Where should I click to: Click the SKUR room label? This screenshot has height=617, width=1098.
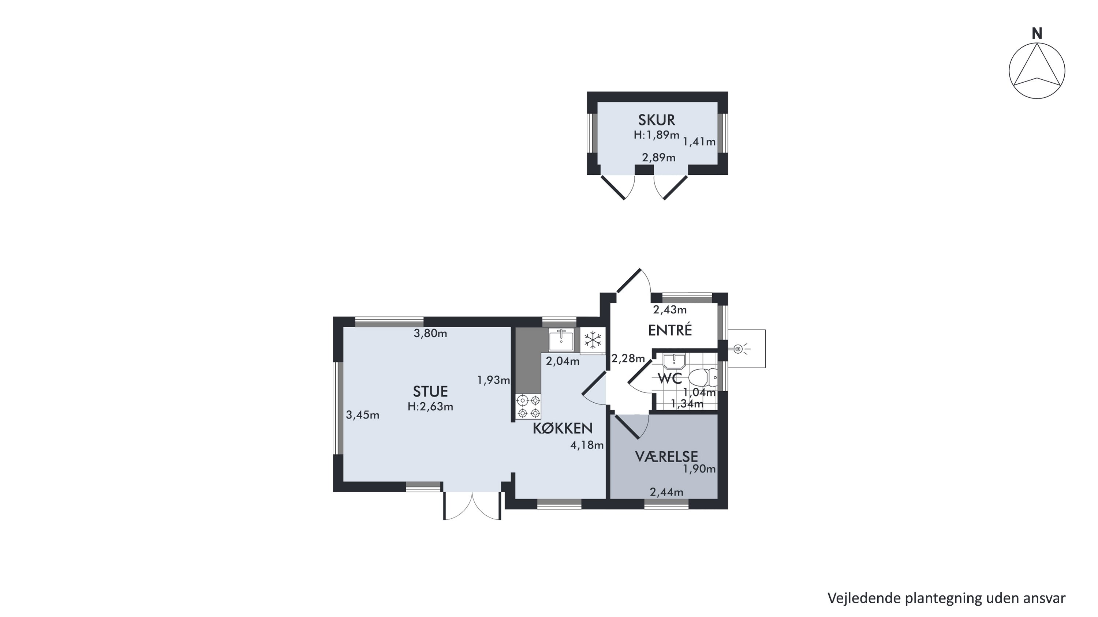[x=656, y=120]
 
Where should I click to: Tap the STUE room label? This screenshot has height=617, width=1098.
[x=430, y=391]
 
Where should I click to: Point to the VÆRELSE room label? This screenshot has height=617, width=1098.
[x=666, y=457]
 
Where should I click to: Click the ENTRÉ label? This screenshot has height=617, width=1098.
[x=670, y=330]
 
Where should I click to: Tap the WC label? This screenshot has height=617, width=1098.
[x=670, y=378]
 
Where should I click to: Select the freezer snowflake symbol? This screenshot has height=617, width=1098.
[x=593, y=340]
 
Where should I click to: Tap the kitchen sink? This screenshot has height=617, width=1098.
[x=561, y=340]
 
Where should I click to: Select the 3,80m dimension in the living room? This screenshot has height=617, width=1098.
[x=430, y=334]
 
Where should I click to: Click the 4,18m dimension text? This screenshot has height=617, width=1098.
[x=587, y=445]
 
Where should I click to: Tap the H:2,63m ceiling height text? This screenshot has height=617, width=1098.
[x=430, y=407]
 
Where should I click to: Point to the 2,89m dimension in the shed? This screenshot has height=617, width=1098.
[x=659, y=158]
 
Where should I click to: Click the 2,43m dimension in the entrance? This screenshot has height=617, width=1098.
[x=670, y=310]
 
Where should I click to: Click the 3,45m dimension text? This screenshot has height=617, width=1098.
[x=362, y=415]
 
